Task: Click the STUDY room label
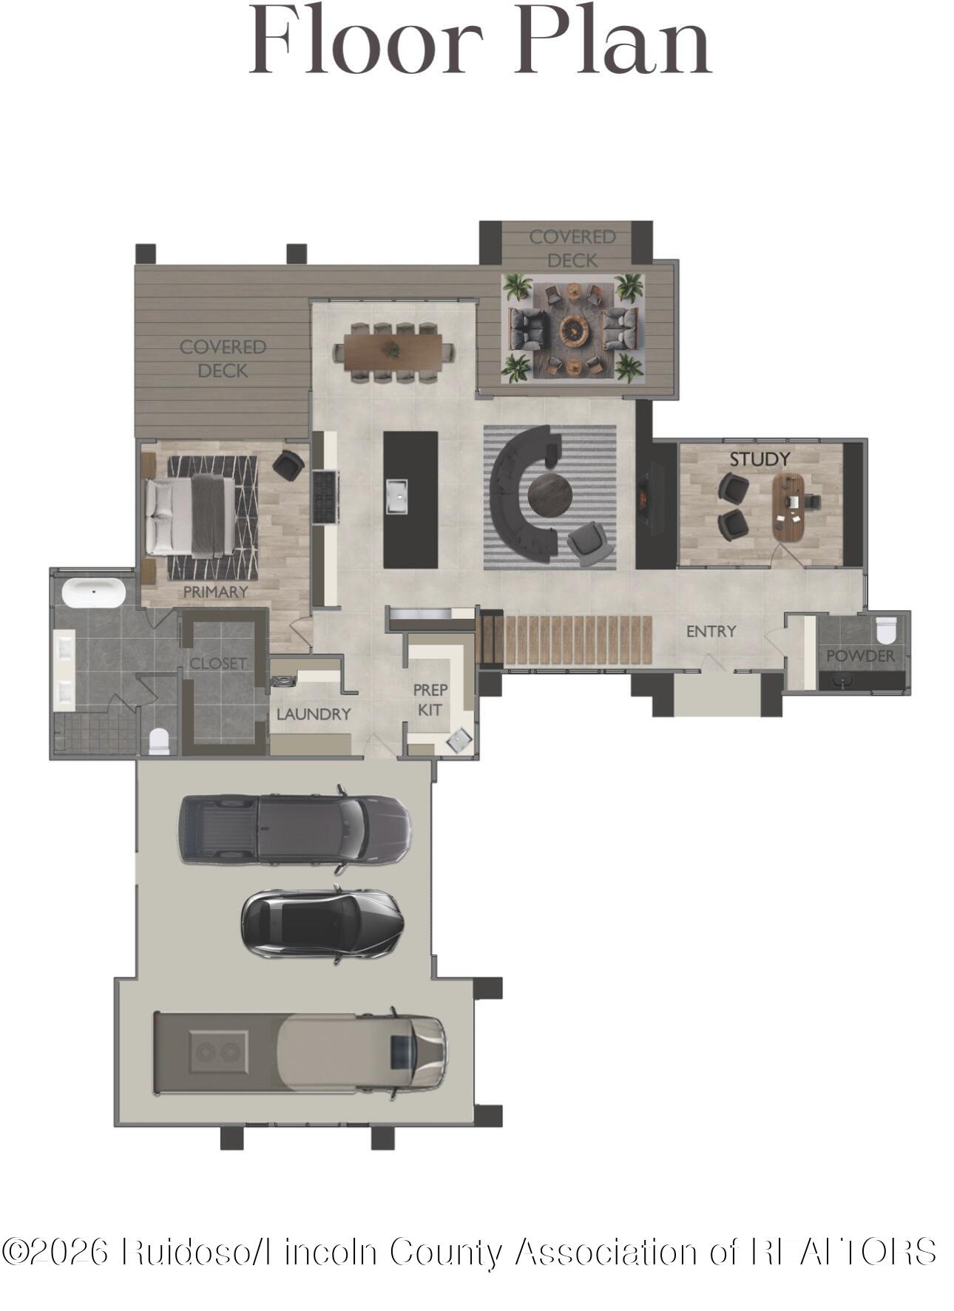(760, 459)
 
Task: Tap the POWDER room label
(860, 656)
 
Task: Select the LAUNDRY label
(313, 714)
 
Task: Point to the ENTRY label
(711, 631)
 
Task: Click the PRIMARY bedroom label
(215, 592)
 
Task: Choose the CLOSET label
(217, 663)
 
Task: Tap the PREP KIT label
(430, 699)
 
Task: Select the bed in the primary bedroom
(192, 515)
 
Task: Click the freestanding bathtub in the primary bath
(93, 592)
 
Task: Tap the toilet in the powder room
(885, 631)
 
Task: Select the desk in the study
(788, 507)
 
